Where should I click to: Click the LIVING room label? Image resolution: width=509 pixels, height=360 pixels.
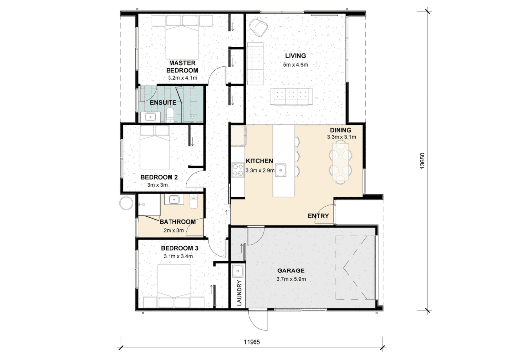pos(295,56)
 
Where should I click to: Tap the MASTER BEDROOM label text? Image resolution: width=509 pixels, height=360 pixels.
pos(182,66)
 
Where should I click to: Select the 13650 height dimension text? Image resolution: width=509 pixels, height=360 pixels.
pos(422,161)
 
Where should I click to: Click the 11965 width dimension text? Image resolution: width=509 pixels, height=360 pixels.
pos(252,342)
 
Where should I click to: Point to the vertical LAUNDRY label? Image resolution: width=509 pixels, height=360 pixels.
pos(240,293)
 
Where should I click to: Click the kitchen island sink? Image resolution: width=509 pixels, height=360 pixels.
pos(280,170)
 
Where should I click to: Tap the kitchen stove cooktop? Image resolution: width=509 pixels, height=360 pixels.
pos(238,170)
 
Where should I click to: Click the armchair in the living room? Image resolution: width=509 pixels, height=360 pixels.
pos(258,27)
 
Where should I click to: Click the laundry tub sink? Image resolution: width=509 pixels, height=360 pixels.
pos(238,270)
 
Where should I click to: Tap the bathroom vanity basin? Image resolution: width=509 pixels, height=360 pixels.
pos(172,199)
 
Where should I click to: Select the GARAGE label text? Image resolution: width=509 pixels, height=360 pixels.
pos(291,270)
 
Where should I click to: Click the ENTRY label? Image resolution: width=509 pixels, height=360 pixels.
pos(318,216)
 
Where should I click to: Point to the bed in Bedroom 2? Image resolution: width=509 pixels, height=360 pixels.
pos(155,147)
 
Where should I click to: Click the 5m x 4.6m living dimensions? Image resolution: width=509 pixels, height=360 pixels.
pos(295,64)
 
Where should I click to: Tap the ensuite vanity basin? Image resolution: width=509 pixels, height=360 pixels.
pos(150,117)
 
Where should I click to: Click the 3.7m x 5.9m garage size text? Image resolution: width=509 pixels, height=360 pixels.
pos(291,279)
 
